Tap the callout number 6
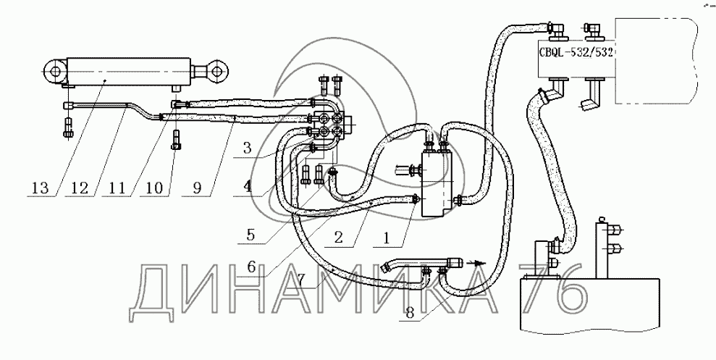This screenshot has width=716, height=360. (252, 266)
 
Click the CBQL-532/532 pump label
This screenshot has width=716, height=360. (576, 53)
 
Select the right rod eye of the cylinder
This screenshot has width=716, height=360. (216, 70)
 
